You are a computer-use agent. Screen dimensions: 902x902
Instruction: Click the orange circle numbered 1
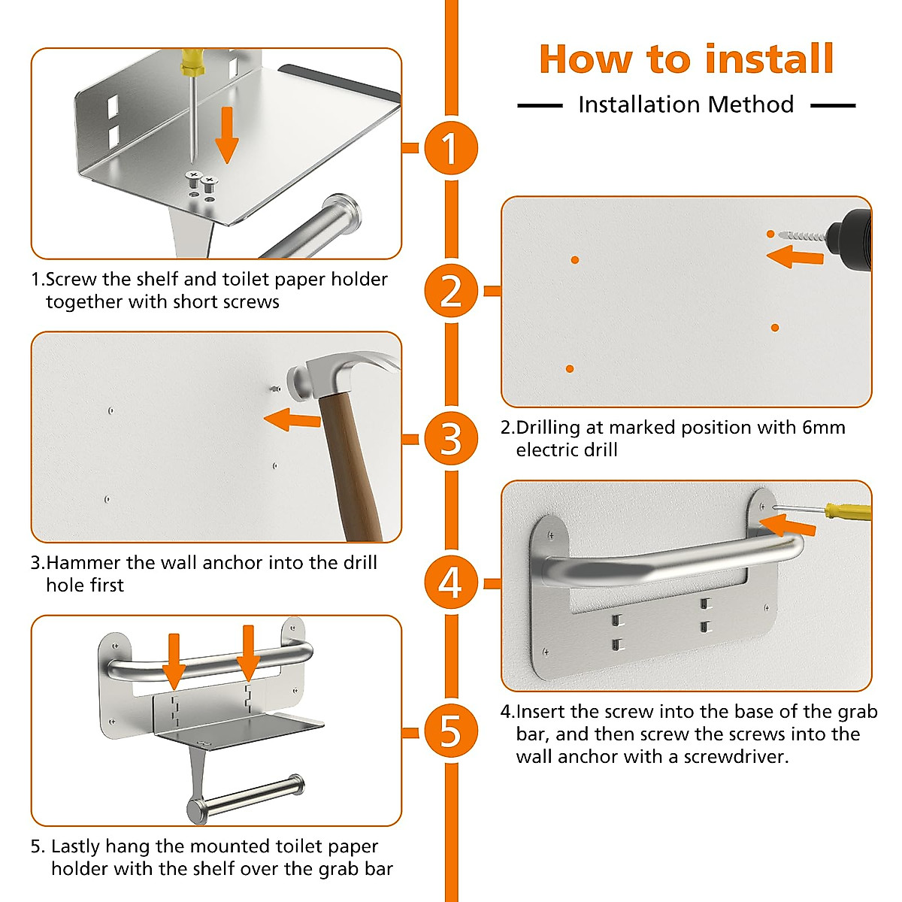pos(450,148)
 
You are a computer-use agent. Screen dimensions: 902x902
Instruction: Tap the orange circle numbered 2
pos(450,291)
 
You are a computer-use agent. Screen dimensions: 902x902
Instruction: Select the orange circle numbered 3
pos(450,439)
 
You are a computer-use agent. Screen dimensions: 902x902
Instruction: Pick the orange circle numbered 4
pos(450,583)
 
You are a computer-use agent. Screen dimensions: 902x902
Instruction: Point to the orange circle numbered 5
pos(450,731)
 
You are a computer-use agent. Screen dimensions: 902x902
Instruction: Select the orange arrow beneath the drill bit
pos(795,258)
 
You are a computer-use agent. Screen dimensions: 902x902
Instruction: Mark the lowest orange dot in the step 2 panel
pos(570,369)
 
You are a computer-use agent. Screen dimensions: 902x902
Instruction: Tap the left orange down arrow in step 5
pos(174,660)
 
